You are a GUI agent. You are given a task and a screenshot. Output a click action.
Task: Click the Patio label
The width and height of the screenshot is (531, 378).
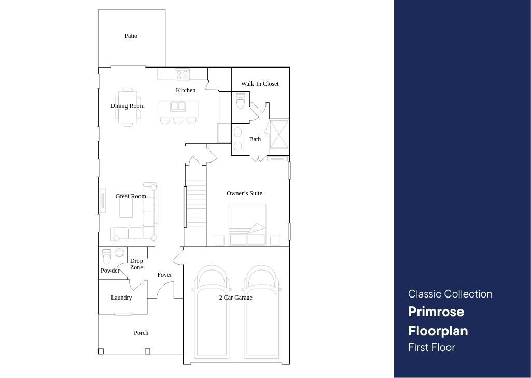pos(131,36)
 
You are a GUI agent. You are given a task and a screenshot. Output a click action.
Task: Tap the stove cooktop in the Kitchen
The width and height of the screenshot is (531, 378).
pos(182,75)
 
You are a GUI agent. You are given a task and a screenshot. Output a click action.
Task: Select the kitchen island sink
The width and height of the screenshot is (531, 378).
pos(178,106)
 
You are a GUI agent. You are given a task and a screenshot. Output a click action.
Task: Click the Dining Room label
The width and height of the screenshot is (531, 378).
pos(128,106)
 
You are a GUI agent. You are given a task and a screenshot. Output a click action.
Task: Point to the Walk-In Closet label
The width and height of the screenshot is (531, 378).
pos(260,84)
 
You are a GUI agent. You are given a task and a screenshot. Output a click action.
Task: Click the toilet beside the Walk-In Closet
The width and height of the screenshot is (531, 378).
pos(241,101)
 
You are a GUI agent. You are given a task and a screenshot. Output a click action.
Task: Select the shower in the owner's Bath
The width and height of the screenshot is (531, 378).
pos(279,134)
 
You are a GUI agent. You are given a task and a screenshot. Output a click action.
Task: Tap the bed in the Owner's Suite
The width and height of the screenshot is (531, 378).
pos(247,224)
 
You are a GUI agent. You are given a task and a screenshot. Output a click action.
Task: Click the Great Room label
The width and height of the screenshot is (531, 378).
pos(131,196)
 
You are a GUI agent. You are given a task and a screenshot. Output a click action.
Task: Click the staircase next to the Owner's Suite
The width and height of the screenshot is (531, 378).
pos(195,204)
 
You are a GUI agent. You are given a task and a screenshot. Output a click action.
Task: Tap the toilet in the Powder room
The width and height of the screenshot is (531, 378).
pos(107,256)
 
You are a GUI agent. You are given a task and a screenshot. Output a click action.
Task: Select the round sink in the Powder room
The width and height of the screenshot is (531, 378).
pos(120,253)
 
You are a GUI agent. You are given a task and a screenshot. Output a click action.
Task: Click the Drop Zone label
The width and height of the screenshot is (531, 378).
pos(136,264)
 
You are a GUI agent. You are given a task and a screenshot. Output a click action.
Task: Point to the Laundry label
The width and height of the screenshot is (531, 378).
pos(121,298)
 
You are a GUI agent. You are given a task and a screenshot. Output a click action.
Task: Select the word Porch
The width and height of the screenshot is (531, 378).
pos(141,333)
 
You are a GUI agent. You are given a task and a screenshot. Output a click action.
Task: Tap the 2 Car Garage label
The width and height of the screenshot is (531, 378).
pos(236,298)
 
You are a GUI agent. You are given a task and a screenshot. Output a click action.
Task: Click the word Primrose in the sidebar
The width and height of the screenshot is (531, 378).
pos(436,312)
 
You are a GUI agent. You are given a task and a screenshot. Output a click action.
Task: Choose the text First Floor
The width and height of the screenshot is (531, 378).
pos(431,347)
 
